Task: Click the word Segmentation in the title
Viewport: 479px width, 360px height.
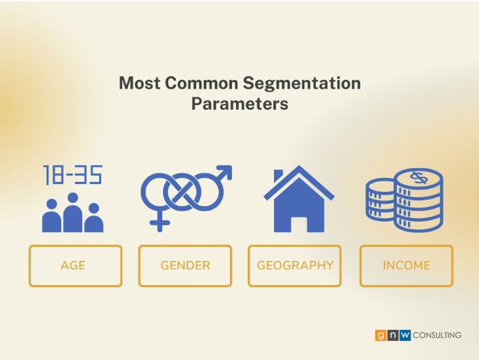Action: click(302, 83)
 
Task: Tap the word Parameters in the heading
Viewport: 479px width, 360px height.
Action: click(240, 104)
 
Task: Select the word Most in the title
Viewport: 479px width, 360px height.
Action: click(139, 83)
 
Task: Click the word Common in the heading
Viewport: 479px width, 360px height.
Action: click(201, 83)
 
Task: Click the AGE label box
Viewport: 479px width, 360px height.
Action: click(76, 265)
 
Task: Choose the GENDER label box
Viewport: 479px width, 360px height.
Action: click(185, 265)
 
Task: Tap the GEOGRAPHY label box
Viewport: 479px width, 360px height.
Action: click(294, 265)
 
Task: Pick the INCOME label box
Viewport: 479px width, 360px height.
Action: click(406, 265)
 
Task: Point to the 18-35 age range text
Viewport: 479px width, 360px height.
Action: click(73, 175)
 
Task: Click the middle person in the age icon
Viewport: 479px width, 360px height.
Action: click(73, 212)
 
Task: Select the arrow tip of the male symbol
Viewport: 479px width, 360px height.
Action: click(229, 169)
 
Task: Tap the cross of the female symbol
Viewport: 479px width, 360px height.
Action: click(160, 221)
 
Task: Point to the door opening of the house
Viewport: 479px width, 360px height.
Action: click(299, 225)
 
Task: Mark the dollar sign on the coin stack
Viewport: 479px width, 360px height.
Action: click(419, 178)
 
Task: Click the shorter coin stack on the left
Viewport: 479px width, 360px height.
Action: click(380, 200)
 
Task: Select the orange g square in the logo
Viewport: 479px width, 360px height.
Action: click(380, 335)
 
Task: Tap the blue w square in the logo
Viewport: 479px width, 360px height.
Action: click(405, 335)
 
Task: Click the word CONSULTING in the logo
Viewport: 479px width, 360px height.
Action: click(437, 335)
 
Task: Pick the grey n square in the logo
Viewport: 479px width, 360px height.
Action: click(393, 335)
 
